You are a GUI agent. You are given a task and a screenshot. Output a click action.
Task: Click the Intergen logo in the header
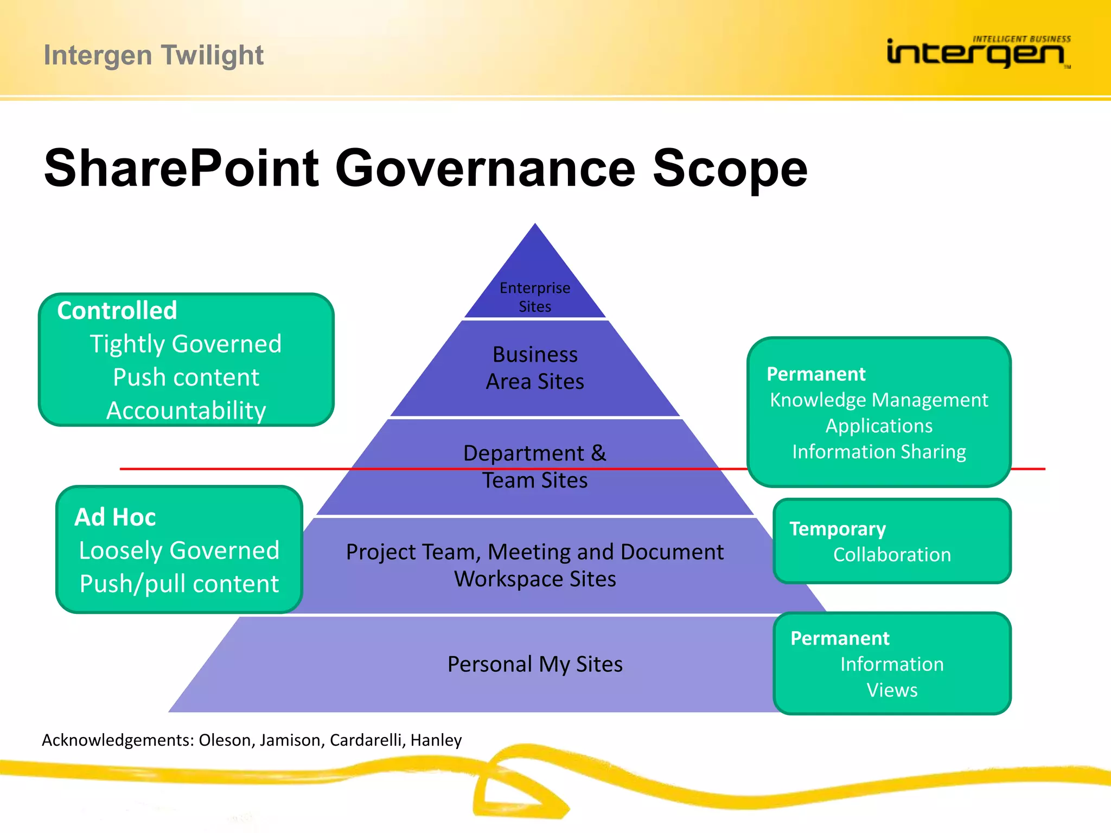(x=976, y=53)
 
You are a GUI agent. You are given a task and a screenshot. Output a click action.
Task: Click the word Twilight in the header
(x=212, y=55)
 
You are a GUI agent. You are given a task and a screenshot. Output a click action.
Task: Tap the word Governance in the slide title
(x=484, y=168)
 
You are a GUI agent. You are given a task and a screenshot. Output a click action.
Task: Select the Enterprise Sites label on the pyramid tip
(x=535, y=297)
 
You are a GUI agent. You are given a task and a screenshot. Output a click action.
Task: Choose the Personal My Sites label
(x=535, y=664)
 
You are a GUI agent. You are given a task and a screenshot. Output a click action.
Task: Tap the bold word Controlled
(x=117, y=311)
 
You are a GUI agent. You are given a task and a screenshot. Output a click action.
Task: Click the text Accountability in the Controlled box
(x=186, y=411)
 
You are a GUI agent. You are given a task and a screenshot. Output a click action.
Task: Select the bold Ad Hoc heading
(x=115, y=517)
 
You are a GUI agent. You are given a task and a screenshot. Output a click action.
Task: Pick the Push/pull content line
(x=179, y=584)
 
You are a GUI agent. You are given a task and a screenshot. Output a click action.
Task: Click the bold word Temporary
(x=837, y=529)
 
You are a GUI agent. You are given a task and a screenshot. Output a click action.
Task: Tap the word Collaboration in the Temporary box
(x=892, y=555)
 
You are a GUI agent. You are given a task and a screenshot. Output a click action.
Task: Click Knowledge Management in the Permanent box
(x=879, y=400)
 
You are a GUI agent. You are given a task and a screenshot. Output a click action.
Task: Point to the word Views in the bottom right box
(x=892, y=690)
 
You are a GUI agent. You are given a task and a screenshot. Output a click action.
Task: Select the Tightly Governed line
(x=186, y=344)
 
